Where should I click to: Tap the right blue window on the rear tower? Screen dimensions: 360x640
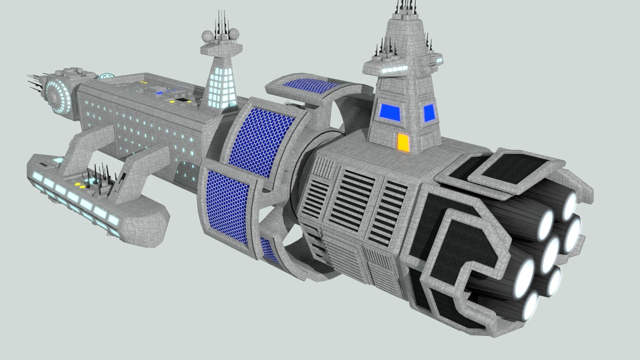click(x=429, y=113)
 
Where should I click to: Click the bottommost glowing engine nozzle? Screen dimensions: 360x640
click(x=529, y=305)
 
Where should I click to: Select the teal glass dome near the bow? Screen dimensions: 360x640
click(x=105, y=76)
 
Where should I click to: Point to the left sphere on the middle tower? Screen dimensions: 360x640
click(x=206, y=35)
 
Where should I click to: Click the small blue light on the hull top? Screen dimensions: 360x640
click(x=159, y=92)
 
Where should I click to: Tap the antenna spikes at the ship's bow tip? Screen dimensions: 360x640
click(x=35, y=83)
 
